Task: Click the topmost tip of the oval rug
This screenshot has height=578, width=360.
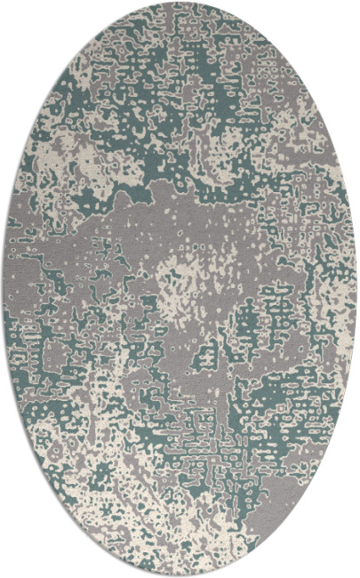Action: coord(180,3)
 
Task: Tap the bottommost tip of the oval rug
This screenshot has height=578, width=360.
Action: coord(180,574)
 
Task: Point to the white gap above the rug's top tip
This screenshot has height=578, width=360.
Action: coord(180,1)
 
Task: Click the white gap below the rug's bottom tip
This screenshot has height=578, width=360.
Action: coord(180,576)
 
